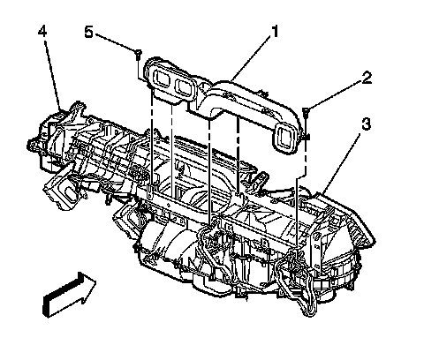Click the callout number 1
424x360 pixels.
274,32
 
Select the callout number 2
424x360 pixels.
367,78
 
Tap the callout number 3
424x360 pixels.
366,124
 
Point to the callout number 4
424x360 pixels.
42,31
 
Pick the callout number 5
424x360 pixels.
88,32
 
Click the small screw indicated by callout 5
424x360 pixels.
138,55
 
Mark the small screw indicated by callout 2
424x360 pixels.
306,112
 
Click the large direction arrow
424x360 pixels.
70,295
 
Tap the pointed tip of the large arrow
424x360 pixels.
96,281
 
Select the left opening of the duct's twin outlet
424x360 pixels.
162,79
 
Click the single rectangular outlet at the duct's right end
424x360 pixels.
284,137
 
